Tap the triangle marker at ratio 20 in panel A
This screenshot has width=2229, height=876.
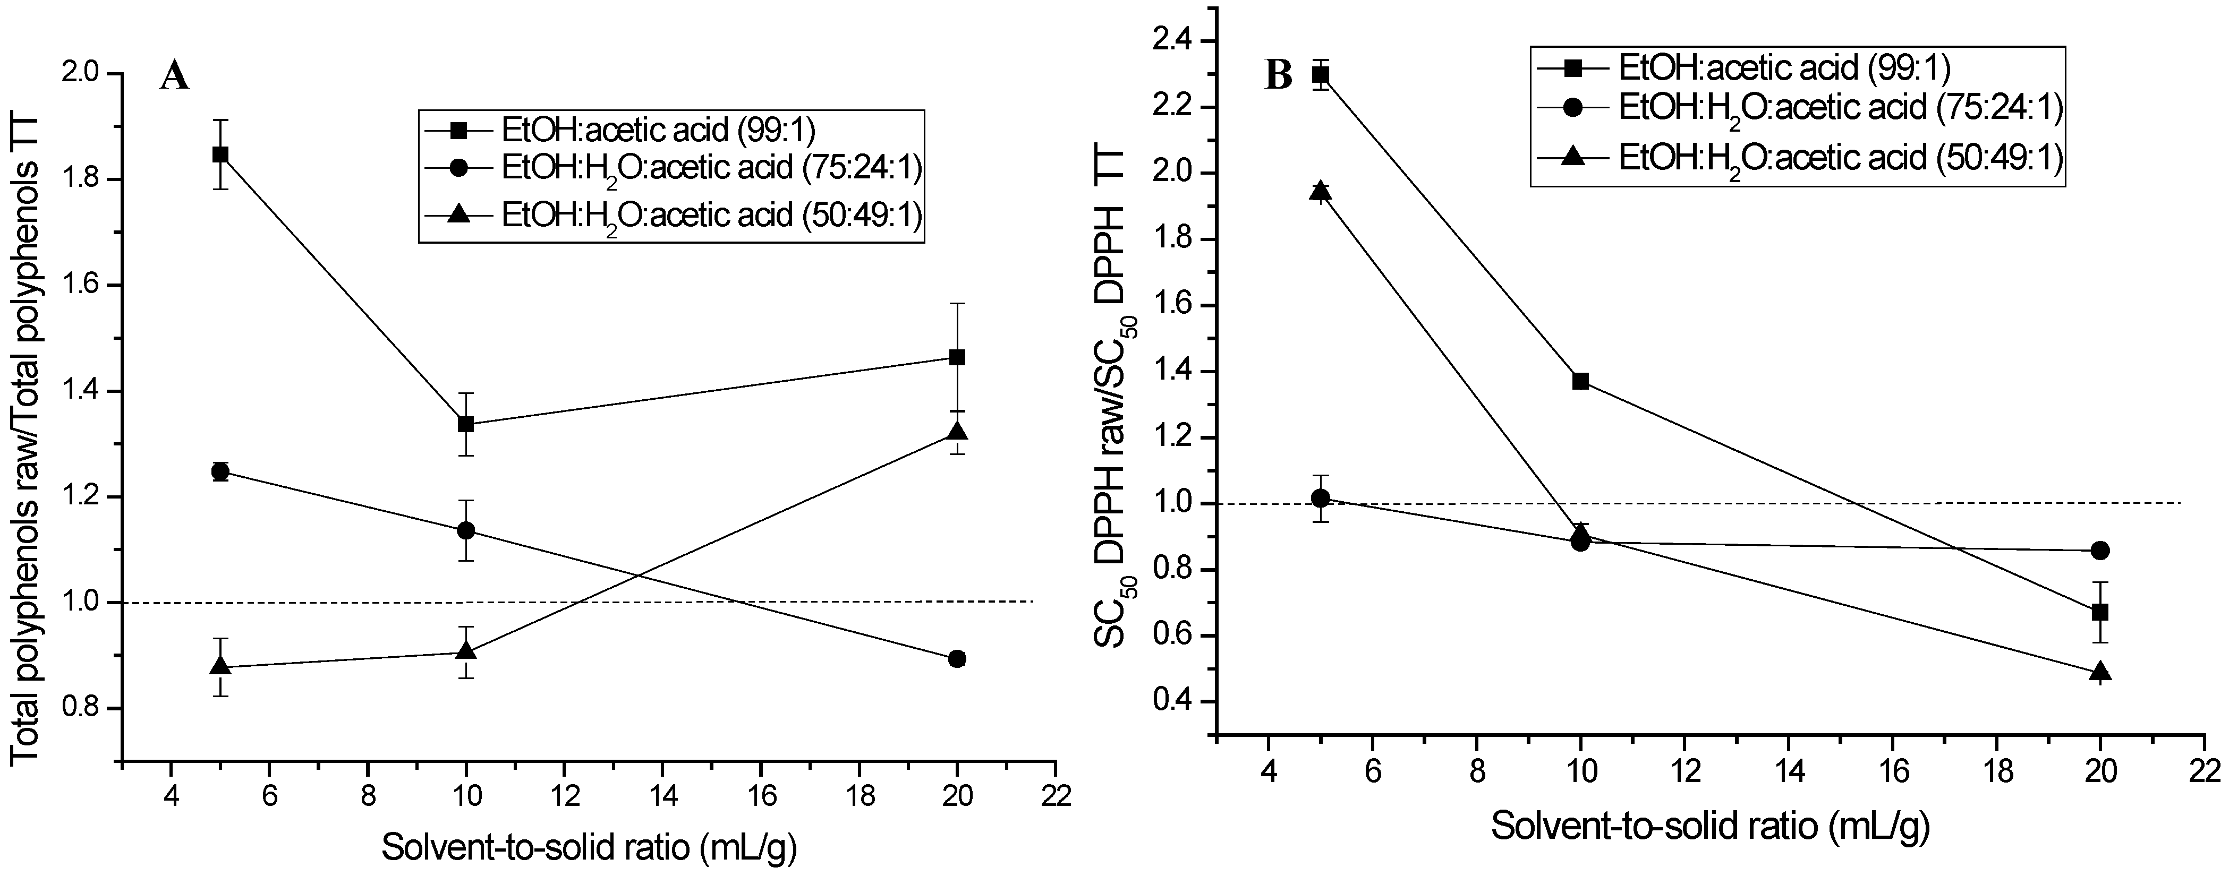tap(957, 432)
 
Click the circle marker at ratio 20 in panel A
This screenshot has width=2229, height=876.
tap(957, 659)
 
